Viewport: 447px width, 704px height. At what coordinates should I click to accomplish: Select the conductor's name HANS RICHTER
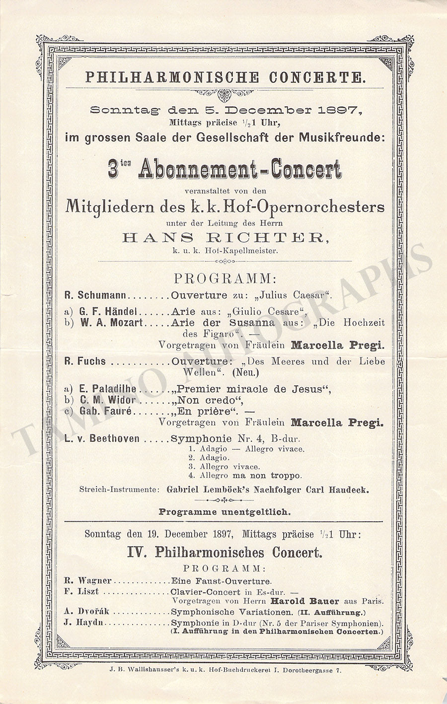pos(225,238)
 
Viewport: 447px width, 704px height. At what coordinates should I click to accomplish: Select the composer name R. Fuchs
pos(85,361)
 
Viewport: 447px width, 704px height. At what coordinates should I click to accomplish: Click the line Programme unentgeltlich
pos(225,511)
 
